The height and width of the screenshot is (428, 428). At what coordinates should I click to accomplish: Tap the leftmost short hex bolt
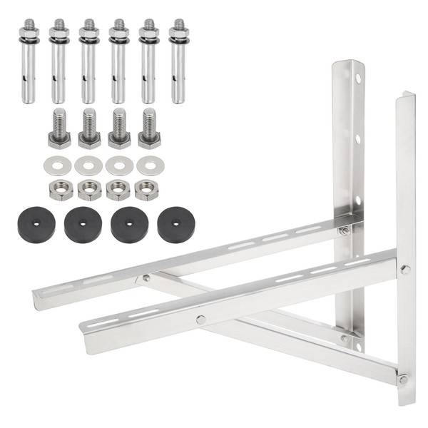(59, 128)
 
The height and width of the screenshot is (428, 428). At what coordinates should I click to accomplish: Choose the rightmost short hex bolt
(148, 128)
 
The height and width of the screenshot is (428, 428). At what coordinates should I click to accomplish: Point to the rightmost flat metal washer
(150, 166)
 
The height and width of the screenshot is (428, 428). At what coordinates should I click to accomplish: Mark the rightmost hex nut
(147, 190)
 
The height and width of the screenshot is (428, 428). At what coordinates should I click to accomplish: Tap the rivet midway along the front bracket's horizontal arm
(200, 319)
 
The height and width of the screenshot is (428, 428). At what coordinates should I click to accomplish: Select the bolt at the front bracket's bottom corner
(404, 379)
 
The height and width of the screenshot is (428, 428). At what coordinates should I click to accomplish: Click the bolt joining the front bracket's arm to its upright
(404, 270)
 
